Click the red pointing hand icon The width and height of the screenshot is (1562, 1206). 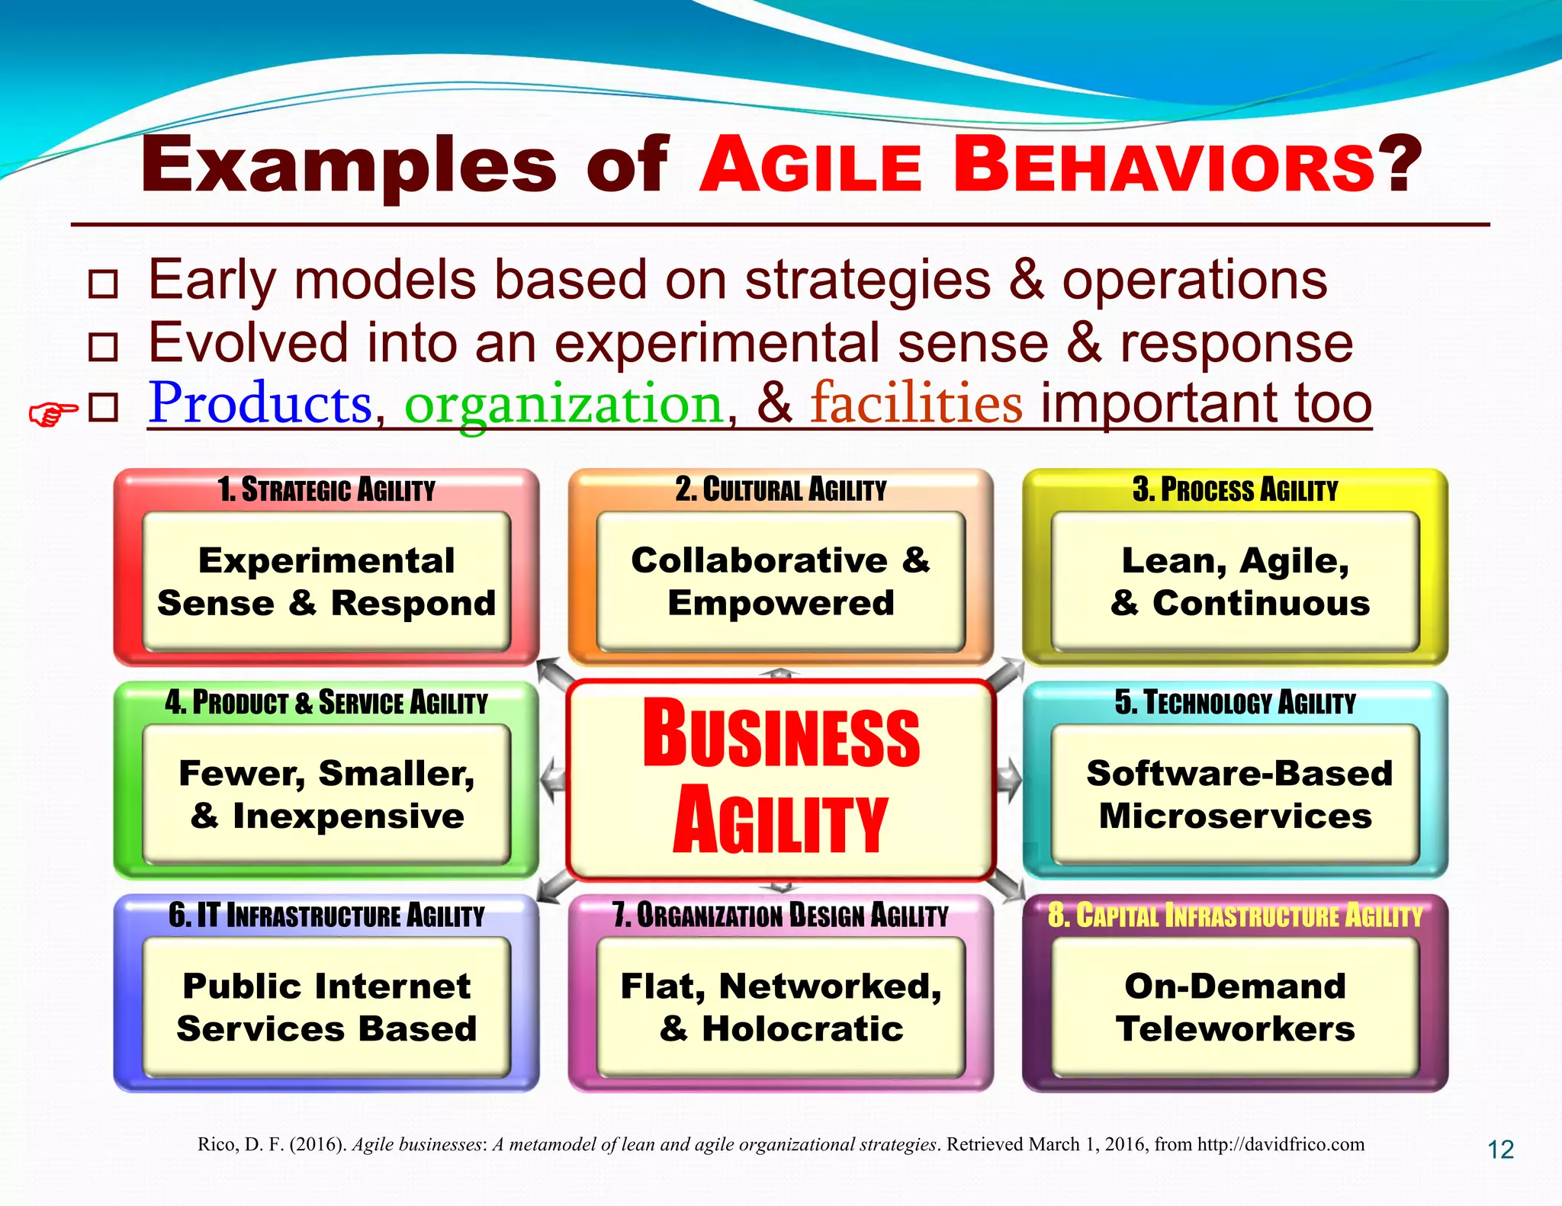point(53,414)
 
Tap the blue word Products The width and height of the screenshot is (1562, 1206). point(260,403)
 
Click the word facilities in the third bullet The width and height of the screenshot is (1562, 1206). point(916,403)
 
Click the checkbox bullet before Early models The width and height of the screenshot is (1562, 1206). point(103,284)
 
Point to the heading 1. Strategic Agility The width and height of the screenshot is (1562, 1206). point(326,490)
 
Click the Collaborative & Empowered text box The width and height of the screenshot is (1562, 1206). point(780,582)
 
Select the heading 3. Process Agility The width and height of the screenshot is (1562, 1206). point(1235,490)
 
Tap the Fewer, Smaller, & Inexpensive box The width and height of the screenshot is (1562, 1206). point(326,794)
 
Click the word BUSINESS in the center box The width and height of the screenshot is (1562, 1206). point(780,734)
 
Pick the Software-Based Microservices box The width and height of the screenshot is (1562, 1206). point(1235,794)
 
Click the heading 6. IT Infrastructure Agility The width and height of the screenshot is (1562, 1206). point(326,916)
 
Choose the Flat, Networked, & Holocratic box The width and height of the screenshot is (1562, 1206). point(780,1007)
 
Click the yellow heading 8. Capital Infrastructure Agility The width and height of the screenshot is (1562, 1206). point(1235,916)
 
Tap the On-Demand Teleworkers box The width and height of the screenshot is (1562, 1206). point(1235,1007)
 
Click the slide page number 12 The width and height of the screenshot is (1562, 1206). point(1500,1150)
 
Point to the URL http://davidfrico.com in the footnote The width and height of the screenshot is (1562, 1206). point(1281,1144)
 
